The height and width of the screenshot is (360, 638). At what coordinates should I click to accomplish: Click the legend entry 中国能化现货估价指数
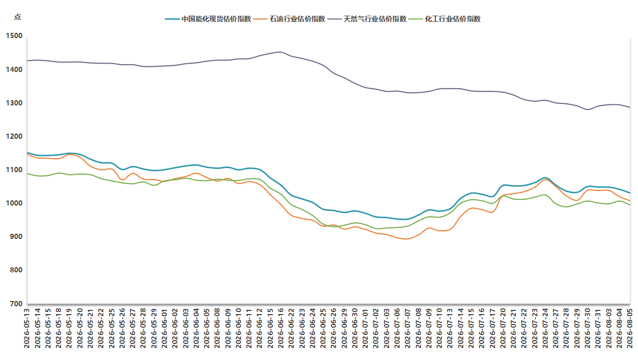pos(208,19)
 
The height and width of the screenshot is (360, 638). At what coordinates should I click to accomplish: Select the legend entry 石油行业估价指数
pos(290,19)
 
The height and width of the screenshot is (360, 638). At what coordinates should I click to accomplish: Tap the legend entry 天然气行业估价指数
pos(367,19)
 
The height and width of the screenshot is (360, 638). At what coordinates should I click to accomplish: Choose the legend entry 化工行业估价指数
pos(445,19)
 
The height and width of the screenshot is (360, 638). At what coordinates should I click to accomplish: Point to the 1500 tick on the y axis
pos(14,36)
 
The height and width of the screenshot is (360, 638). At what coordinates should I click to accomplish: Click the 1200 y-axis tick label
pos(14,136)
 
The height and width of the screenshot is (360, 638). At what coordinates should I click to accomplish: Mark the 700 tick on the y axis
pos(16,304)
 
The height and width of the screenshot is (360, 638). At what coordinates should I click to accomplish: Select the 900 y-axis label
pos(16,237)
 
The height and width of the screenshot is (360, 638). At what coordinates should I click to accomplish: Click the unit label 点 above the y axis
pos(17,17)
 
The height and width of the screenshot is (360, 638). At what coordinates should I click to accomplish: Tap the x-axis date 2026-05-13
pos(27,328)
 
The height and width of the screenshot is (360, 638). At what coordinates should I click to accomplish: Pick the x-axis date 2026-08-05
pos(630,328)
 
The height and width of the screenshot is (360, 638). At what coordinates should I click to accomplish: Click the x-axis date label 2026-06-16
pos(281,328)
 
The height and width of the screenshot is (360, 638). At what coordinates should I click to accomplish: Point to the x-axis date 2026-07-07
pos(407,328)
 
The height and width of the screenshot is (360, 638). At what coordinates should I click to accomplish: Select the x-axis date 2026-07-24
pos(545,328)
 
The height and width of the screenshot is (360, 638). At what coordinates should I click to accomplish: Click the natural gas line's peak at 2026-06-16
pos(280,52)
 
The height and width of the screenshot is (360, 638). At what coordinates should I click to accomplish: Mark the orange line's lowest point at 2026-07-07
pos(406,239)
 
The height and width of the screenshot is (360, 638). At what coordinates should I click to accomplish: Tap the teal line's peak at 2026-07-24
pos(545,178)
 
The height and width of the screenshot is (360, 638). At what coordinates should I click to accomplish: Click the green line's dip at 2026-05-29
pos(154,185)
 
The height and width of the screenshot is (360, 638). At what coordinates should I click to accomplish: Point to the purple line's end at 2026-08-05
pos(630,107)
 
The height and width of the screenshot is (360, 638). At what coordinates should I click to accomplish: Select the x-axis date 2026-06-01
pos(165,328)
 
